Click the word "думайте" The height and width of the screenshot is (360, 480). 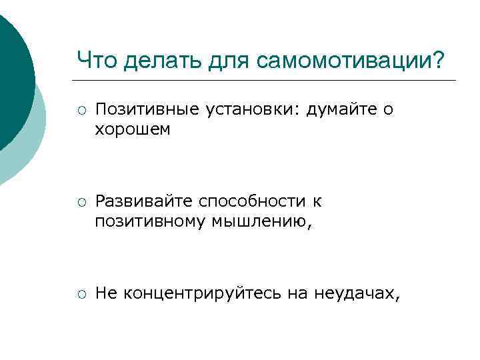point(339,109)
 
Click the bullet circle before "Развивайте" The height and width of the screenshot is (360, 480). point(80,201)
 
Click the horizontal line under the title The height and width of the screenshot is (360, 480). point(267,81)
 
